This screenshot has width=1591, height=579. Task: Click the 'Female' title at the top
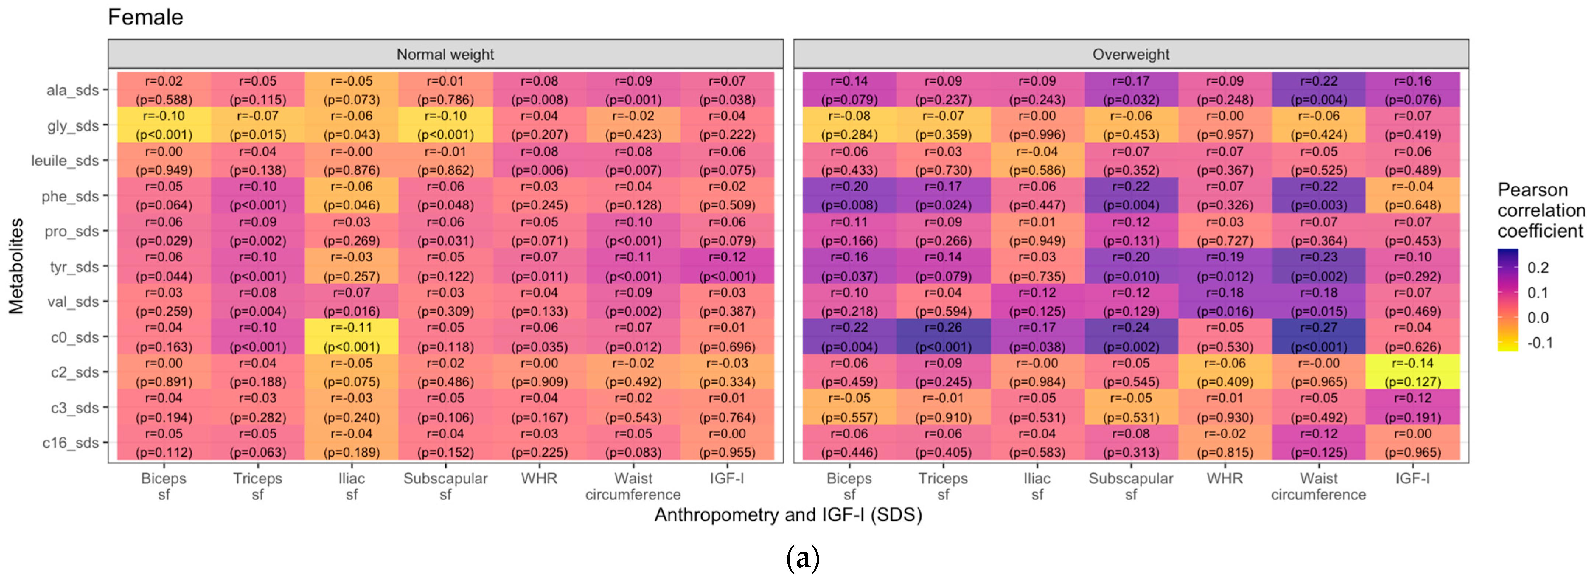click(145, 17)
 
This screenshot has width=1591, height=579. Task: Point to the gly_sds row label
click(73, 126)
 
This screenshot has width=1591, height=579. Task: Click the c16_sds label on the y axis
click(70, 443)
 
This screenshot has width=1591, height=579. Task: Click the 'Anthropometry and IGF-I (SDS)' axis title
click(788, 515)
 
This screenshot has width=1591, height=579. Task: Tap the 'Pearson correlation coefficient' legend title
click(1541, 210)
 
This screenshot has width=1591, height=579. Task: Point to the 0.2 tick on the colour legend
click(1538, 268)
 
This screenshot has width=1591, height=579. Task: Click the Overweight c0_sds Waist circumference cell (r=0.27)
click(1319, 337)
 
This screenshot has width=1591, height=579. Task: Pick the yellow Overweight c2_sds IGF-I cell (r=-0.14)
click(1413, 372)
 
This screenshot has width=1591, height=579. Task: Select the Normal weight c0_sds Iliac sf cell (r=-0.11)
click(351, 337)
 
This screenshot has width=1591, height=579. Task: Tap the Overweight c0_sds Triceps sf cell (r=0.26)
click(943, 337)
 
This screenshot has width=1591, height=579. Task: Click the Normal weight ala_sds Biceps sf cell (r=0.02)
click(164, 90)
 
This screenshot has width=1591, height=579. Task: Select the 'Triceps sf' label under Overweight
click(943, 486)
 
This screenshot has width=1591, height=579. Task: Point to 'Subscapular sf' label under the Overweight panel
click(1131, 486)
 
